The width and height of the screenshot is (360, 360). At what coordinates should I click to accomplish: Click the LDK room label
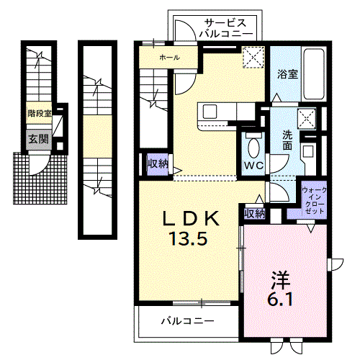click(x=191, y=218)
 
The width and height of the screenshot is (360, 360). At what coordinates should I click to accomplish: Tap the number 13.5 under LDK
click(x=188, y=239)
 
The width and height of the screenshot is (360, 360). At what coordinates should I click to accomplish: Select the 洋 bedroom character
click(x=281, y=281)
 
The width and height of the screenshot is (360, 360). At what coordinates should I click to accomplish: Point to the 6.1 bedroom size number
click(x=280, y=299)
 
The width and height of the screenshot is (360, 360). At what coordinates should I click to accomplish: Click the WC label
click(x=253, y=166)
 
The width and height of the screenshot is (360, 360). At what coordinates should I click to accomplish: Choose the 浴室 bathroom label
click(x=287, y=74)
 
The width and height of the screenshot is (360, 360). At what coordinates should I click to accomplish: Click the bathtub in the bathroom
click(x=314, y=74)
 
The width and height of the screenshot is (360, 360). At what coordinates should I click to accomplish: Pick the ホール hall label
click(x=169, y=58)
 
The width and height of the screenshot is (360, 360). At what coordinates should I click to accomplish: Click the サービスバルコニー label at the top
click(x=226, y=28)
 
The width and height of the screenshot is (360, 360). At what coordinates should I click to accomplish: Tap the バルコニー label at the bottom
click(x=187, y=321)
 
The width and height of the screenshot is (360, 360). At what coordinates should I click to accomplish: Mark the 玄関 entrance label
click(x=38, y=139)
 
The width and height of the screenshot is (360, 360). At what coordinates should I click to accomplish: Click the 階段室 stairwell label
click(x=40, y=113)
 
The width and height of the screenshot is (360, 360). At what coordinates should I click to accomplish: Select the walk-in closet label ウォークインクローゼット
click(x=314, y=201)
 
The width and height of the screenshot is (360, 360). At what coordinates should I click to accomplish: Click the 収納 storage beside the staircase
click(x=158, y=164)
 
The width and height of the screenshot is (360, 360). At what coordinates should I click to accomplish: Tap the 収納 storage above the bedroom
click(x=255, y=213)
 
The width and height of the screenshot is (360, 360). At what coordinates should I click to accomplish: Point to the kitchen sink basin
click(x=210, y=112)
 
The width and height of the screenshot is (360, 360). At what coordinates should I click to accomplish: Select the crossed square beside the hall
click(x=253, y=58)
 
